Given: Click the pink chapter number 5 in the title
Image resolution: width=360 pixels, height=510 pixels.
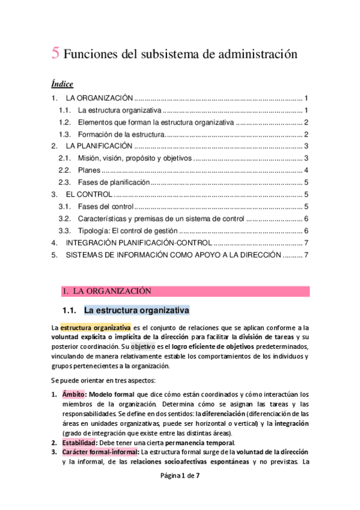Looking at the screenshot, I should pyautogui.click(x=55, y=54).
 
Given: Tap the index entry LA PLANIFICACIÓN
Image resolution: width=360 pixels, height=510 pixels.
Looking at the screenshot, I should pyautogui.click(x=99, y=146).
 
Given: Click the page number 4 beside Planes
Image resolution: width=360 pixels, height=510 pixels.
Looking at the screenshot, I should pyautogui.click(x=306, y=170).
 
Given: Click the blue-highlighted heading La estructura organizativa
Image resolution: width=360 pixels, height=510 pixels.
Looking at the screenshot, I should pyautogui.click(x=136, y=311).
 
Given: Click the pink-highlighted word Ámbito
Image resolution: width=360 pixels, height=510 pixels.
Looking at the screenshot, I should pyautogui.click(x=74, y=393).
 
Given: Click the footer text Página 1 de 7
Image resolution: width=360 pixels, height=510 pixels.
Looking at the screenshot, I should pyautogui.click(x=180, y=492).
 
